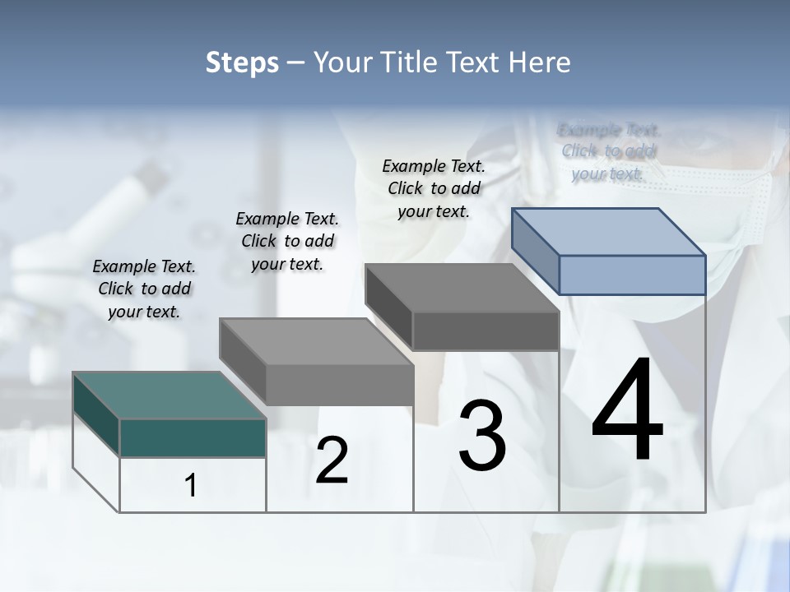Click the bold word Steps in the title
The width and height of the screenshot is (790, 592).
tap(242, 62)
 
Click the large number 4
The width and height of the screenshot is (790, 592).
tap(627, 410)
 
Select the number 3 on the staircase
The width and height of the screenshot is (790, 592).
tap(482, 436)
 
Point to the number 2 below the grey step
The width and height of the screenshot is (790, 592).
tap(332, 460)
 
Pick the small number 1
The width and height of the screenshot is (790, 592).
tap(191, 486)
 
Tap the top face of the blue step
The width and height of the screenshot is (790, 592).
tap(609, 231)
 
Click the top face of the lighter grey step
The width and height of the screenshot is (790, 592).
tap(317, 341)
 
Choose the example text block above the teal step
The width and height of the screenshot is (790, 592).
tap(144, 289)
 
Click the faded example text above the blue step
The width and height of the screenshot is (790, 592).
tap(608, 151)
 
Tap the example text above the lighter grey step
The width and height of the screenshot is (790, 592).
tap(287, 242)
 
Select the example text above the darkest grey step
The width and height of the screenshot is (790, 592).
tap(434, 189)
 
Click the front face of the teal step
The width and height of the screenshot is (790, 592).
tap(193, 437)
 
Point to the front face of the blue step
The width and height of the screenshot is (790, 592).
tap(632, 275)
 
